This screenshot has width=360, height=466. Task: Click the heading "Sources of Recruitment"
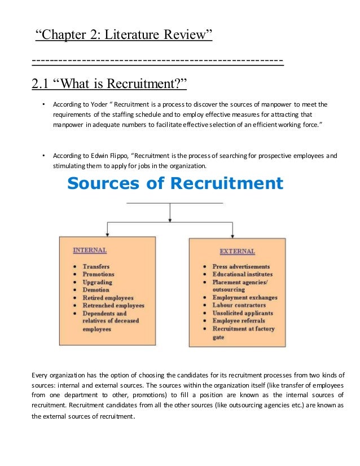pyautogui.click(x=175, y=183)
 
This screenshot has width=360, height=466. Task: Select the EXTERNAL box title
pyautogui.click(x=237, y=251)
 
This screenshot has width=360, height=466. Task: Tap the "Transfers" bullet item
pyautogui.click(x=96, y=266)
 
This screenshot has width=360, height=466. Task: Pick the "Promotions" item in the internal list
pyautogui.click(x=98, y=274)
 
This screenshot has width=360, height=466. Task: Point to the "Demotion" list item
pyautogui.click(x=96, y=290)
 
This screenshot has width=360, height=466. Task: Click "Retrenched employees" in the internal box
pyautogui.click(x=113, y=305)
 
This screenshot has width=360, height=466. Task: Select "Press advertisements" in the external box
pyautogui.click(x=241, y=266)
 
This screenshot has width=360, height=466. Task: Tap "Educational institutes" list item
pyautogui.click(x=242, y=274)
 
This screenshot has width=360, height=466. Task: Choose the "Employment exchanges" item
pyautogui.click(x=245, y=297)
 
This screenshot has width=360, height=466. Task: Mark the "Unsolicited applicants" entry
pyautogui.click(x=243, y=313)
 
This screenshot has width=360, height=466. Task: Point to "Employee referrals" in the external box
pyautogui.click(x=239, y=321)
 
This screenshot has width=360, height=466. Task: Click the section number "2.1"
pyautogui.click(x=41, y=85)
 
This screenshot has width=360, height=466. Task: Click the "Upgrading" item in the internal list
pyautogui.click(x=97, y=282)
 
